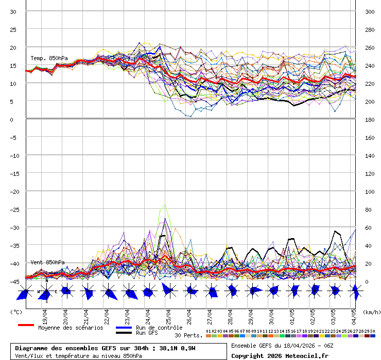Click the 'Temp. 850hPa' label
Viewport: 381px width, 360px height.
tap(48, 58)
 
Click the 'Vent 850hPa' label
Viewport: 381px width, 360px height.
tap(47, 262)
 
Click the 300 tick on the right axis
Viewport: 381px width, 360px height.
tap(370, 12)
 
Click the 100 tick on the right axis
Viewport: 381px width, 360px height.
tap(370, 192)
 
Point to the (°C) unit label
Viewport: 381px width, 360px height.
tap(16, 312)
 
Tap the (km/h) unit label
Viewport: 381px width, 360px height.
tap(371, 312)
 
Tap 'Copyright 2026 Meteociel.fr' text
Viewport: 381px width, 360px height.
tap(280, 356)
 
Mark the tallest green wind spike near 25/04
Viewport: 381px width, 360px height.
tap(165, 205)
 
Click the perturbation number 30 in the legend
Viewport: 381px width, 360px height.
tap(372, 331)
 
